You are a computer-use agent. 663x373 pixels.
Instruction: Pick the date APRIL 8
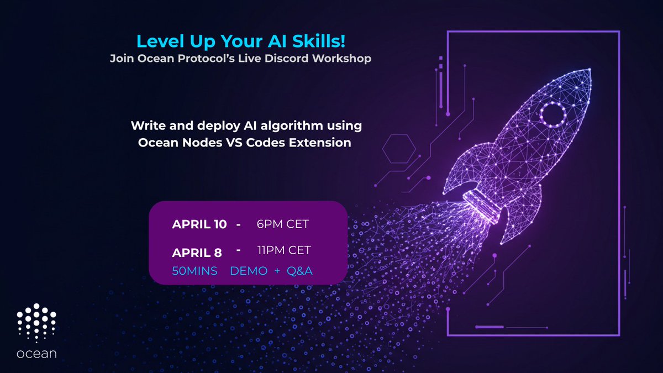point(197,253)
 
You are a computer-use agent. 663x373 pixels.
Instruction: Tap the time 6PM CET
point(282,224)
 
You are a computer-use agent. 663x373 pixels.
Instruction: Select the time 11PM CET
point(284,250)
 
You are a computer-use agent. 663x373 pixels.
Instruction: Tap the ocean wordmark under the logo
point(36,353)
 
